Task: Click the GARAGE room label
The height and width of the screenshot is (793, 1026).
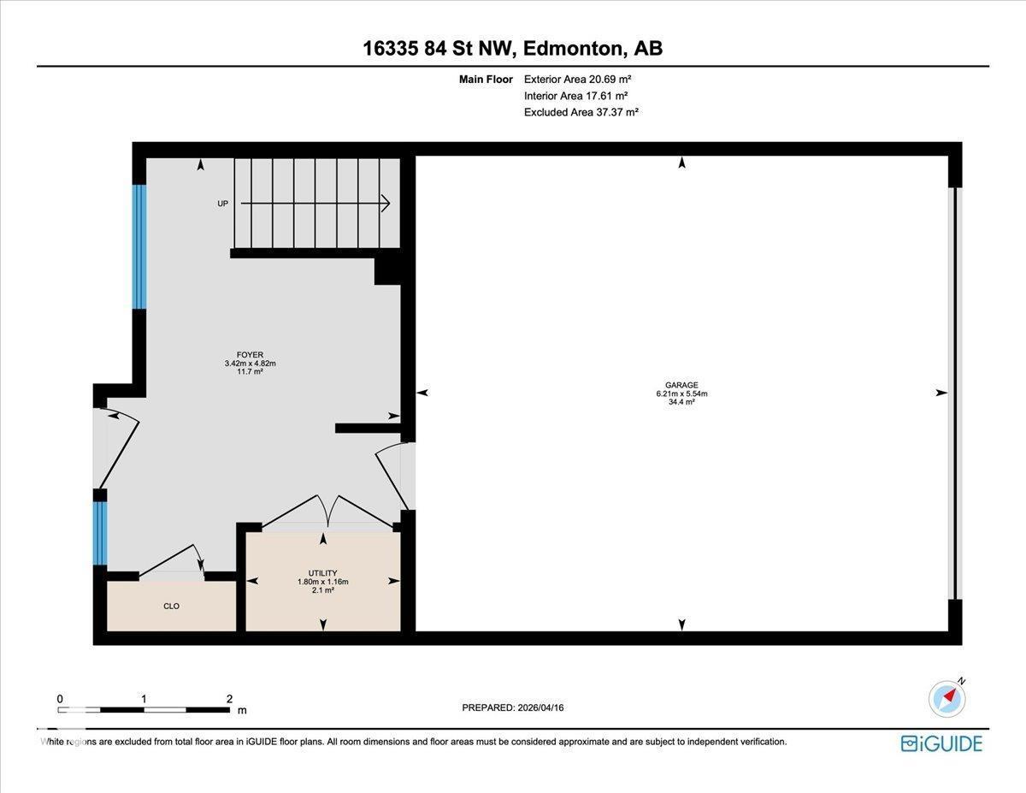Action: tap(681, 386)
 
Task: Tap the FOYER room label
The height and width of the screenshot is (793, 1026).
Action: tap(250, 355)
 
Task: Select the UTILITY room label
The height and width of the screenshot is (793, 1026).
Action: tap(322, 573)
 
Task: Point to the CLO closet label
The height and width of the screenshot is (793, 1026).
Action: tap(171, 606)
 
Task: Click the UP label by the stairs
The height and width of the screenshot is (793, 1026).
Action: tap(222, 204)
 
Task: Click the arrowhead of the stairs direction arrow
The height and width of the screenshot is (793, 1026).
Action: tap(385, 204)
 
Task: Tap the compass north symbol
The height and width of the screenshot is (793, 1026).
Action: tap(947, 698)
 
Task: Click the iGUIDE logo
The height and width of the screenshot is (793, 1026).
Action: tap(941, 743)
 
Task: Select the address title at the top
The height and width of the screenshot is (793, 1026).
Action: tap(512, 49)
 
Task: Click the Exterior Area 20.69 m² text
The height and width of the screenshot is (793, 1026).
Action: tap(577, 79)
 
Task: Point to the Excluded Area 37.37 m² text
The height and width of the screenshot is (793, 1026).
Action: tap(581, 112)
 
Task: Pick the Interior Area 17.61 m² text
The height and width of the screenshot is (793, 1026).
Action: tap(576, 96)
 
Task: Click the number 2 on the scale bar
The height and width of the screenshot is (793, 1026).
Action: tap(229, 698)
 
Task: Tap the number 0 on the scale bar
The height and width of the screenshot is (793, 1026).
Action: tap(60, 698)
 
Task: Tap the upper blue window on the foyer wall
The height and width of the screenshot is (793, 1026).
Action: tap(139, 246)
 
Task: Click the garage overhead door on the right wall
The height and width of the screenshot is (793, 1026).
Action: tap(958, 393)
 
